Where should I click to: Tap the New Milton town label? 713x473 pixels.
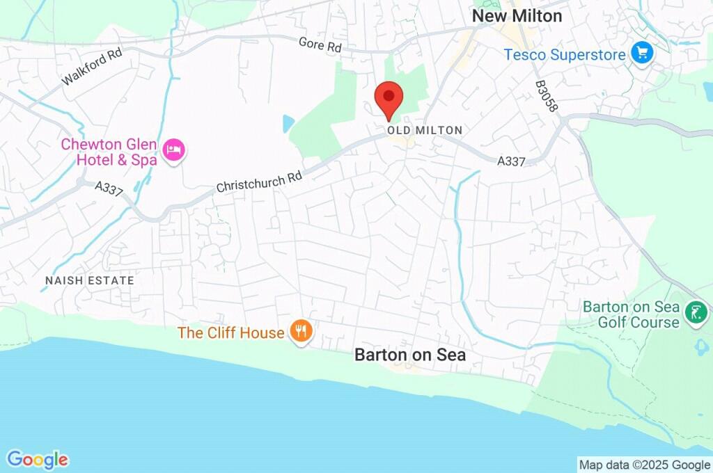pyautogui.click(x=517, y=16)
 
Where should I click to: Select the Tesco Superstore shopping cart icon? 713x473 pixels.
pyautogui.click(x=641, y=53)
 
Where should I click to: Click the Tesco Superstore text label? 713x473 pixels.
pyautogui.click(x=565, y=54)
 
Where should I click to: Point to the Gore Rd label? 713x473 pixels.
pyautogui.click(x=320, y=46)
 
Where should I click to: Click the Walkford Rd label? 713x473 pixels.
pyautogui.click(x=91, y=67)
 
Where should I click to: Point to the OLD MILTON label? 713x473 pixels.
pyautogui.click(x=425, y=131)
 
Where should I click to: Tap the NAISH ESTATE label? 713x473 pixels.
pyautogui.click(x=89, y=280)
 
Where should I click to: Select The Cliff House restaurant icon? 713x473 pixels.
pyautogui.click(x=301, y=331)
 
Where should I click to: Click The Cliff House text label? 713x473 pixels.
pyautogui.click(x=231, y=332)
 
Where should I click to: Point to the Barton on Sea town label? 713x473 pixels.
pyautogui.click(x=410, y=355)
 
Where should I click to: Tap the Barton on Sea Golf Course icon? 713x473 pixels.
pyautogui.click(x=695, y=312)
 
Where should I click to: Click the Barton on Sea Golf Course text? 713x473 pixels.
pyautogui.click(x=631, y=314)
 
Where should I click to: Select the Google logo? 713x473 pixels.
pyautogui.click(x=38, y=460)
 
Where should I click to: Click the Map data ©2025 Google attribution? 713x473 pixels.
pyautogui.click(x=645, y=465)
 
